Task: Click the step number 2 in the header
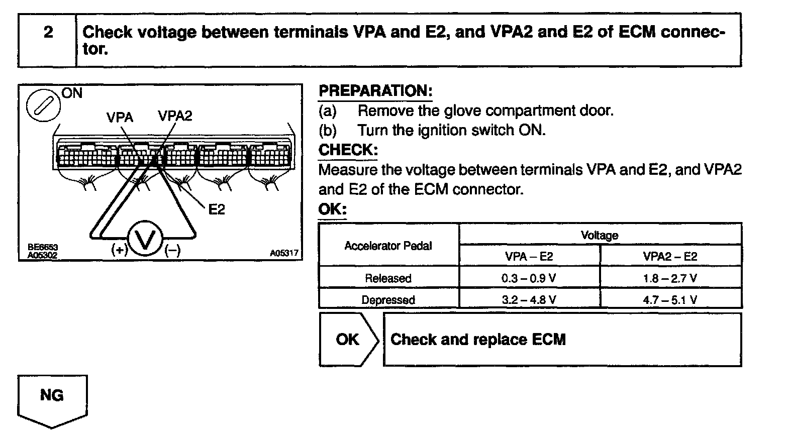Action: coord(48,33)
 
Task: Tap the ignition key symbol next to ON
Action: coord(43,104)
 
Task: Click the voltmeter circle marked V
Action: coord(145,240)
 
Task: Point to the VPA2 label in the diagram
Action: coord(175,116)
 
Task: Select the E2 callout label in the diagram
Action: coord(217,209)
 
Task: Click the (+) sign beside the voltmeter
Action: coord(120,250)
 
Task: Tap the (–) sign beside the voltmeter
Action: coord(172,250)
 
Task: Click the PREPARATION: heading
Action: coord(375,91)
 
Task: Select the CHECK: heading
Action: coord(348,150)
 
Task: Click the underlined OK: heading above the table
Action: coord(332,209)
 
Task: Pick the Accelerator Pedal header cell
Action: coord(388,246)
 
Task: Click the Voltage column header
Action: coord(600,235)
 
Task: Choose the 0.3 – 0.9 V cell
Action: coord(529,278)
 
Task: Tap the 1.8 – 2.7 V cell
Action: coord(670,278)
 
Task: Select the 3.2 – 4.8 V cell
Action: coord(529,300)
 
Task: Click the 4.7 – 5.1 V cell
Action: coord(670,300)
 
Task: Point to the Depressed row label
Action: coord(388,300)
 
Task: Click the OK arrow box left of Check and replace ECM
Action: coord(348,340)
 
